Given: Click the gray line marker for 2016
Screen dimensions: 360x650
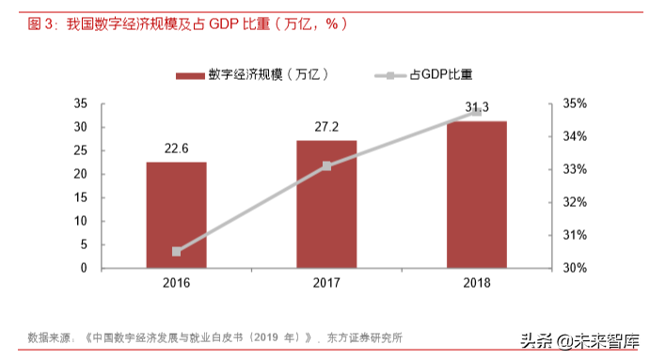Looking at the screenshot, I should pyautogui.click(x=177, y=252).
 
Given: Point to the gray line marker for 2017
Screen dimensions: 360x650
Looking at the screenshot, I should pyautogui.click(x=326, y=166).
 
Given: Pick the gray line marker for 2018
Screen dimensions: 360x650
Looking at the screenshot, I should pyautogui.click(x=476, y=112).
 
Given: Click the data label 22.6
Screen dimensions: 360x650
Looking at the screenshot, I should pyautogui.click(x=177, y=149).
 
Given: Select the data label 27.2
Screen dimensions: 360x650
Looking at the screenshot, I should pyautogui.click(x=326, y=127).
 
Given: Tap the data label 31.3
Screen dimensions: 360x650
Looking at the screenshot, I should pyautogui.click(x=476, y=106).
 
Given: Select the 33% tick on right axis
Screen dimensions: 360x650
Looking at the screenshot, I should pyautogui.click(x=575, y=169).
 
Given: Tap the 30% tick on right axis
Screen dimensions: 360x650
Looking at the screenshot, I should pyautogui.click(x=575, y=268).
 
